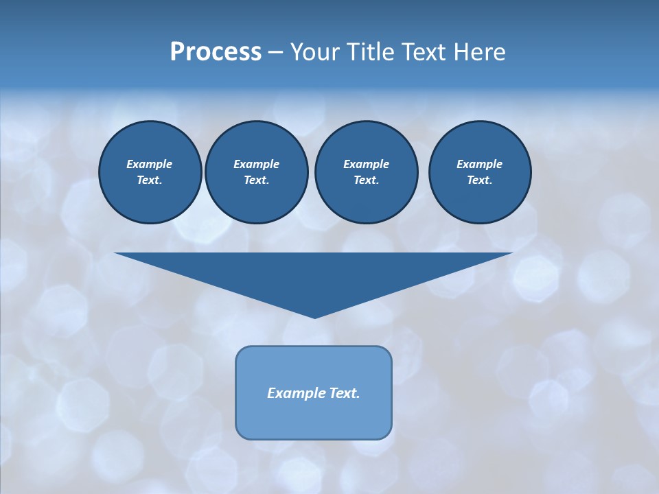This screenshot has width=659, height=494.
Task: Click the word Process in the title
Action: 216,52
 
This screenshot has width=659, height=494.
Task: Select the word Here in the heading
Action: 481,52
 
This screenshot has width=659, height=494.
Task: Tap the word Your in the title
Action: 315,52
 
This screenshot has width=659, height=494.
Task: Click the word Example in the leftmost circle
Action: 150,164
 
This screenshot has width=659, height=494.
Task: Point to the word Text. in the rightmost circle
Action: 479,180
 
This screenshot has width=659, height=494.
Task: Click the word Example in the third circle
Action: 366,164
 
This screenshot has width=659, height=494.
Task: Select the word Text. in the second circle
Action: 256,180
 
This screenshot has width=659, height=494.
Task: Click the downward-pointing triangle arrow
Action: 314,274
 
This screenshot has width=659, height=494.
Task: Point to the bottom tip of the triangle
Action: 314,316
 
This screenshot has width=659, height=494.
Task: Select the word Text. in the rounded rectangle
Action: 344,393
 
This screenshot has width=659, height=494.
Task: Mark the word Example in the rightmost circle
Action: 479,164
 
